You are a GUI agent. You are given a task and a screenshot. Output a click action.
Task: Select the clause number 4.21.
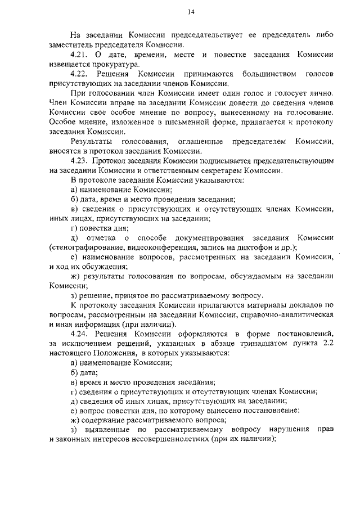coord(79,55)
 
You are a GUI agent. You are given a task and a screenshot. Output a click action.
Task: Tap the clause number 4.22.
coord(79,74)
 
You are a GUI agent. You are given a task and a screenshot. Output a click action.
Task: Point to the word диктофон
coord(256,248)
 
